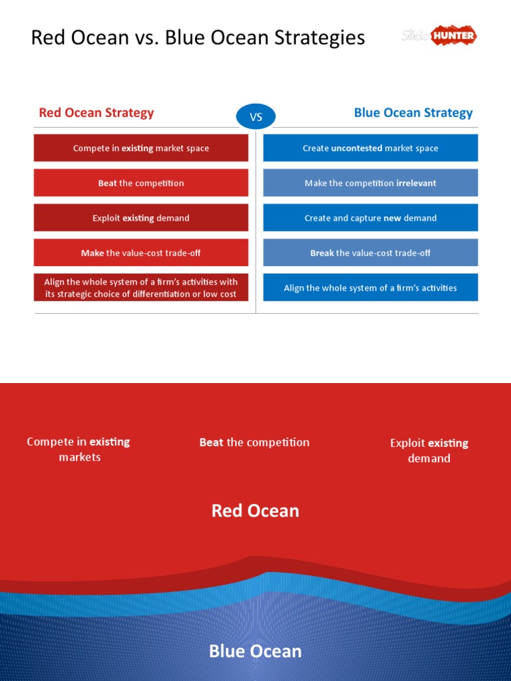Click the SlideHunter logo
(439, 35)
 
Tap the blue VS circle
(255, 118)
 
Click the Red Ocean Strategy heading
(96, 112)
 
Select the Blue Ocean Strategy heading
(413, 112)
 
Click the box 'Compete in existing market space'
(141, 148)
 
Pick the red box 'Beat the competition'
(141, 183)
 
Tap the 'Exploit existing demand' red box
(141, 218)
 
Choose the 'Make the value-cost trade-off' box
(141, 253)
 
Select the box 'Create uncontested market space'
(371, 148)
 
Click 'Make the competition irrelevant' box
(371, 183)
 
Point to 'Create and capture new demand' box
(371, 218)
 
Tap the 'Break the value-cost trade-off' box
(371, 253)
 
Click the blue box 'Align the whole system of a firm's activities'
(371, 288)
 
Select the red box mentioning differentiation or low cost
(141, 288)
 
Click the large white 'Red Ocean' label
(255, 511)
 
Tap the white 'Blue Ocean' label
(255, 651)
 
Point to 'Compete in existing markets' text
(79, 450)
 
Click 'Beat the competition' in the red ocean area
(255, 442)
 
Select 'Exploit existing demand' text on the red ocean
(429, 451)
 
